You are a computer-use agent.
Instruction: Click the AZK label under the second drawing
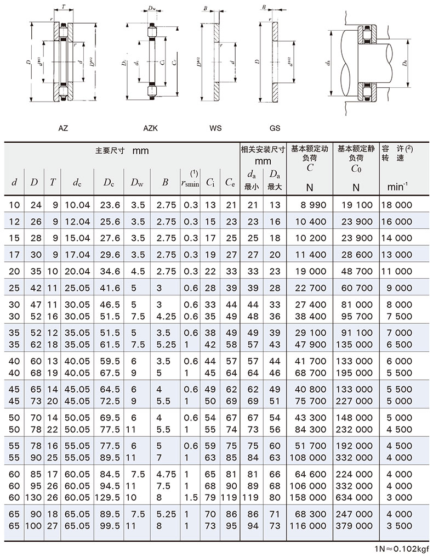(150, 128)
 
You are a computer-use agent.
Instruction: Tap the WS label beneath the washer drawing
(215, 128)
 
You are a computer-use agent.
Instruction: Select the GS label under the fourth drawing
(275, 128)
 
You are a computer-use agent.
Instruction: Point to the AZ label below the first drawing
(63, 128)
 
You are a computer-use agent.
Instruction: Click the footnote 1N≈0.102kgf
(401, 548)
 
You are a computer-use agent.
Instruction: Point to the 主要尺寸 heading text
(110, 150)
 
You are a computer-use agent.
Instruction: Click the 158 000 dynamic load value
(310, 497)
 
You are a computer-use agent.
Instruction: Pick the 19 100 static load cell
(357, 205)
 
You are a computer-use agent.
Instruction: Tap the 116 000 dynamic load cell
(310, 526)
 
